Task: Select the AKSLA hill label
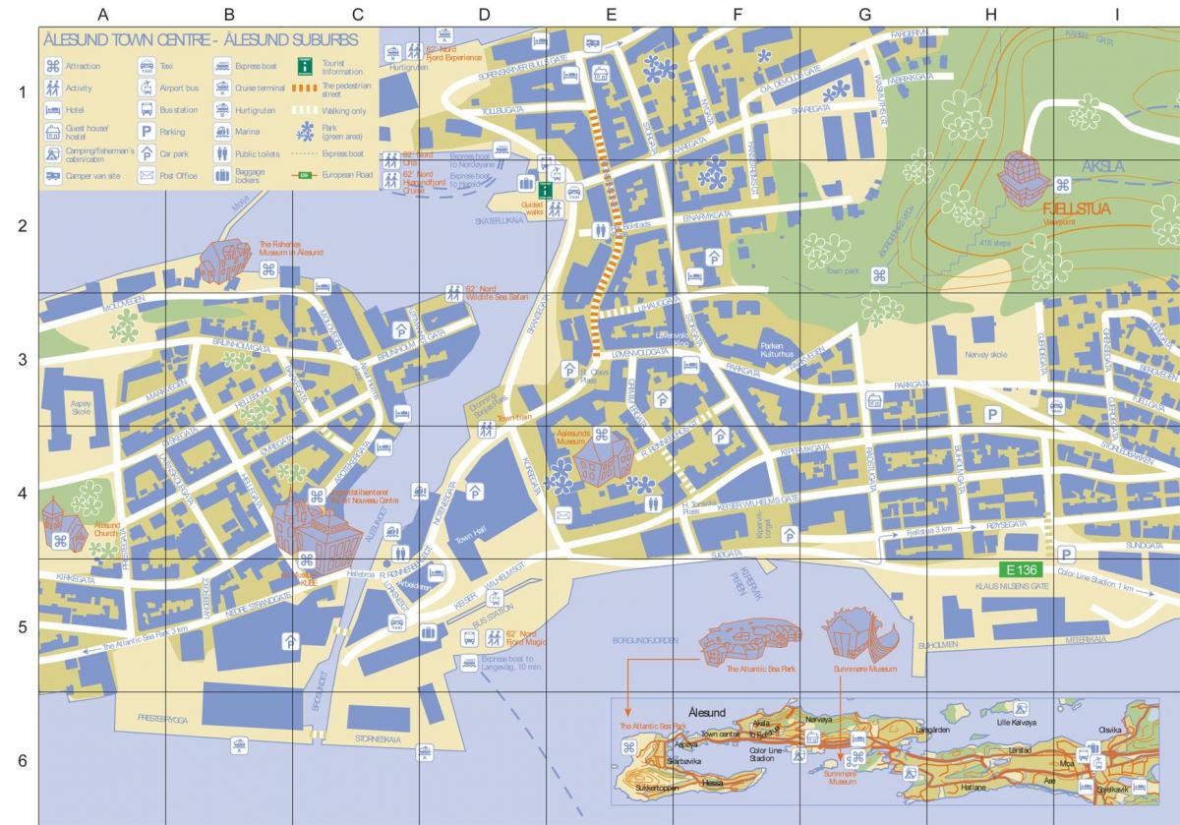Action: point(1101,167)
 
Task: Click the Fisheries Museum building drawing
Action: point(228,259)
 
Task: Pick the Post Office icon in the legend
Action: point(147,176)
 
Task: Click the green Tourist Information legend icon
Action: point(306,66)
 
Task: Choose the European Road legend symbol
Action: point(304,175)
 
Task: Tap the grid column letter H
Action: point(990,14)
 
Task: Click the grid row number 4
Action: point(22,493)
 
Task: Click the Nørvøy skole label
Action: point(986,354)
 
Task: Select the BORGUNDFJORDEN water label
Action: point(646,640)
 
